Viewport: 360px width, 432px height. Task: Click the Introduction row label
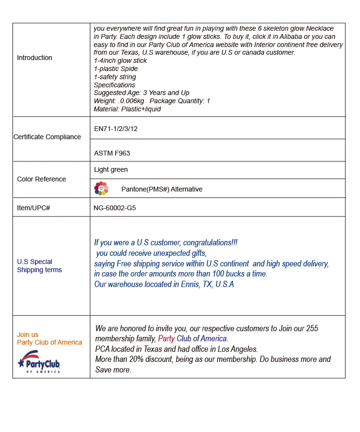pyautogui.click(x=35, y=58)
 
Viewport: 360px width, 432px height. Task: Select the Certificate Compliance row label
pyautogui.click(x=47, y=137)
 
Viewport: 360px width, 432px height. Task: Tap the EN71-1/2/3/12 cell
pyautogui.click(x=116, y=129)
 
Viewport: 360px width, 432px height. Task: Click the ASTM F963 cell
pyautogui.click(x=112, y=154)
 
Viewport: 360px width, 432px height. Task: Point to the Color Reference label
pyautogui.click(x=41, y=180)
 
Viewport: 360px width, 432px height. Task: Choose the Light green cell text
pyautogui.click(x=111, y=170)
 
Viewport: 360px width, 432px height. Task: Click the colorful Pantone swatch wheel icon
pyautogui.click(x=101, y=189)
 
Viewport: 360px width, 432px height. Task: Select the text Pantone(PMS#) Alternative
pyautogui.click(x=162, y=190)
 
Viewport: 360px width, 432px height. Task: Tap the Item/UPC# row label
pyautogui.click(x=34, y=208)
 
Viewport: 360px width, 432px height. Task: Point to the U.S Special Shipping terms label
pyautogui.click(x=39, y=266)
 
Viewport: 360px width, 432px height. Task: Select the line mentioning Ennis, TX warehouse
pyautogui.click(x=164, y=284)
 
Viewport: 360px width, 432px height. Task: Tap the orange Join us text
pyautogui.click(x=28, y=335)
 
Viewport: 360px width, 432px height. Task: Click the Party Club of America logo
pyautogui.click(x=39, y=362)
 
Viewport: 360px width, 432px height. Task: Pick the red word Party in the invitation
pyautogui.click(x=167, y=339)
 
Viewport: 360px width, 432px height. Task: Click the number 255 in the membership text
pyautogui.click(x=312, y=329)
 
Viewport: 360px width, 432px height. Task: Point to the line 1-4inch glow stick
pyautogui.click(x=120, y=61)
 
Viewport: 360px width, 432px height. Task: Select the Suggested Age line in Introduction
pyautogui.click(x=142, y=93)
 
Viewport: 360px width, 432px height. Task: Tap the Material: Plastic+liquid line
pyautogui.click(x=127, y=109)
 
